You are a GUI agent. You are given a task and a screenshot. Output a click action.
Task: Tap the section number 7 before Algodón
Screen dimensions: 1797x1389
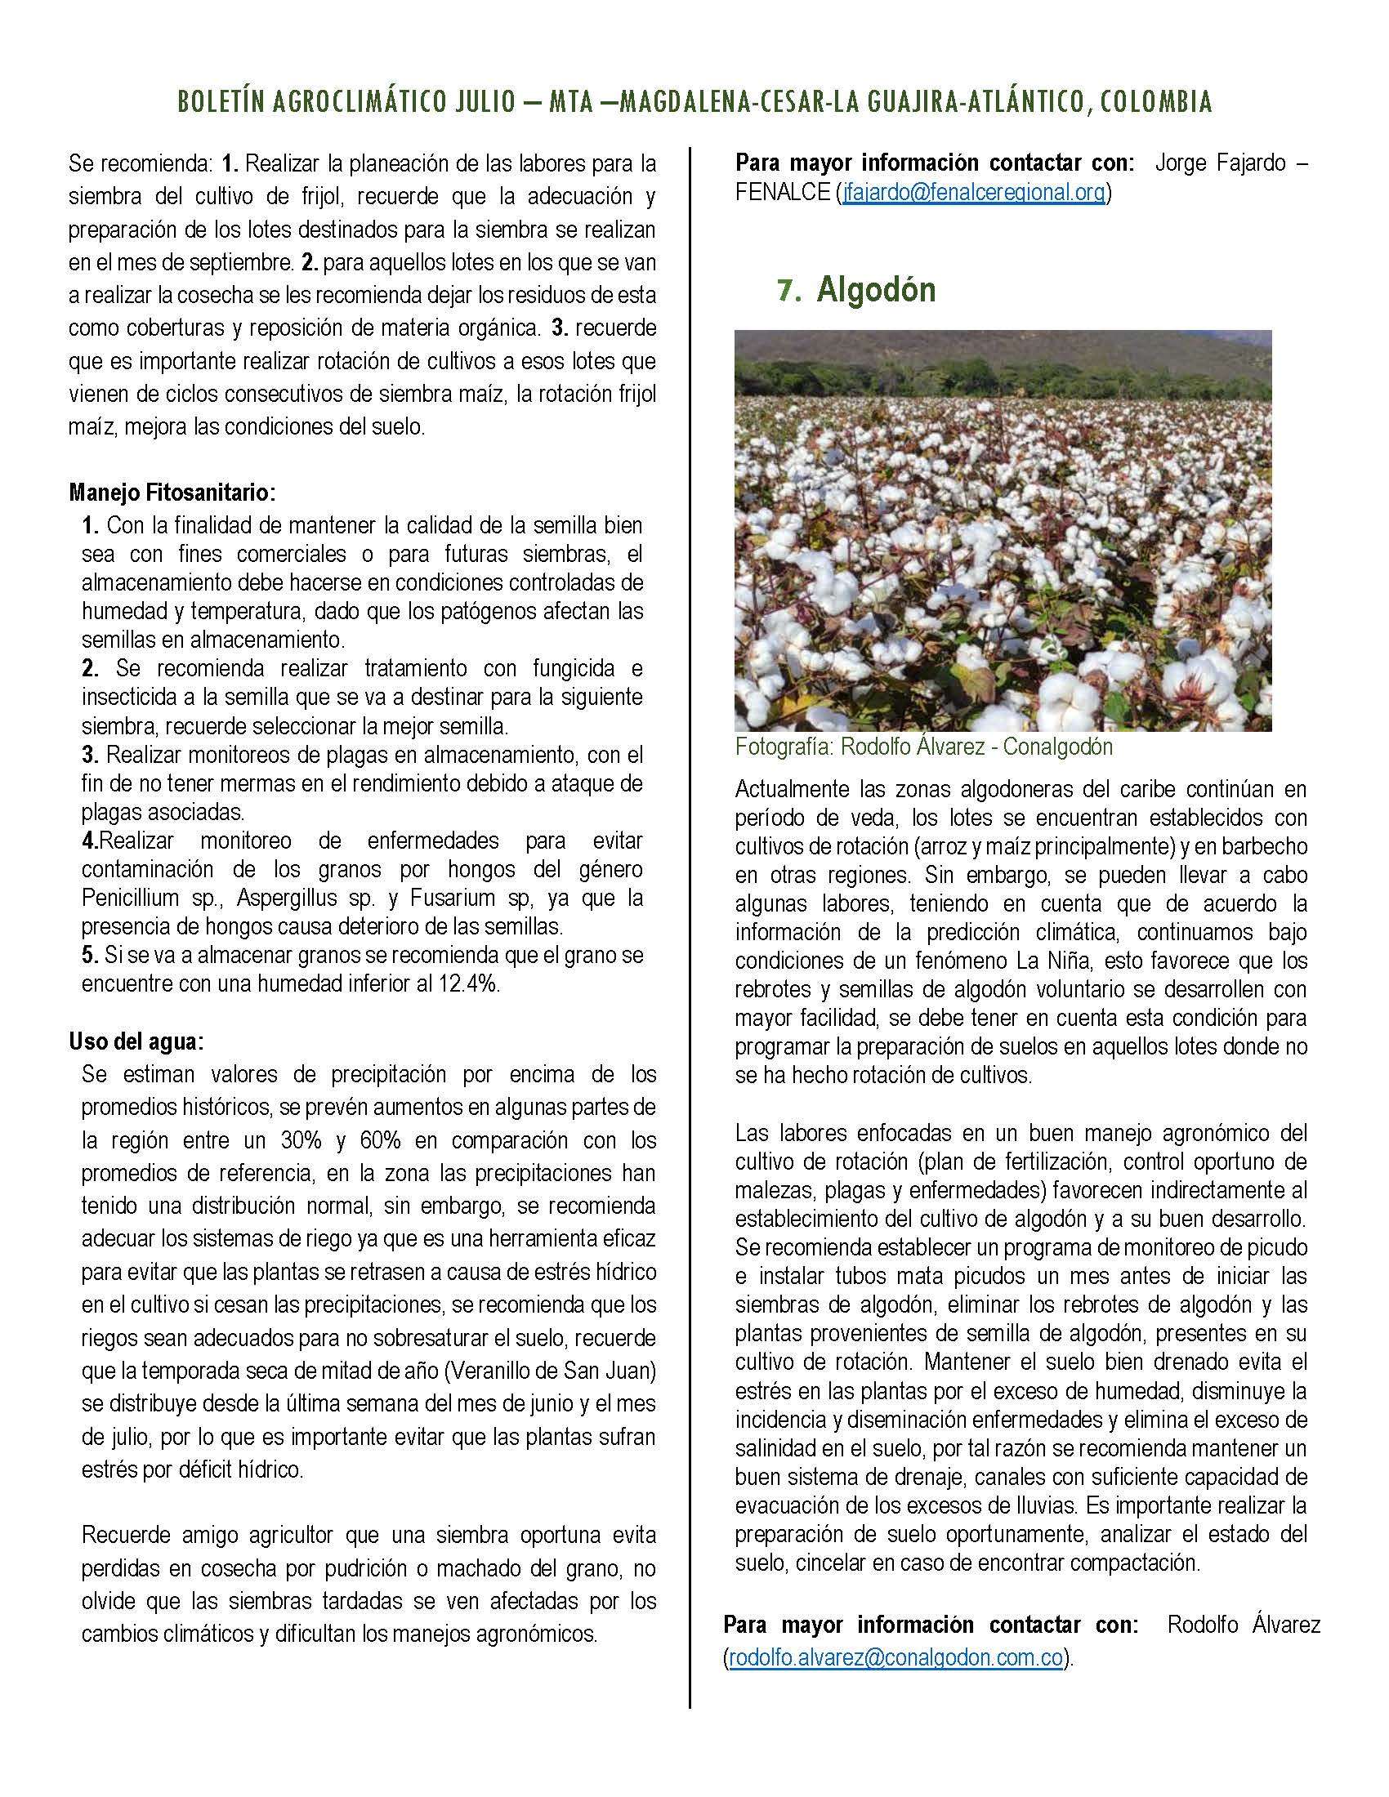(788, 292)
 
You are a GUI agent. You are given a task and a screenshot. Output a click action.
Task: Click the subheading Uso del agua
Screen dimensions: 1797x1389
(136, 1041)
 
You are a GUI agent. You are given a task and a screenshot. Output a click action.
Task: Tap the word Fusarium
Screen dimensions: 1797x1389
(440, 897)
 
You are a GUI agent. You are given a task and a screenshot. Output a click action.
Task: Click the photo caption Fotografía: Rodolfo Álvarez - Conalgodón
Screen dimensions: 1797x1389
(923, 747)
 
